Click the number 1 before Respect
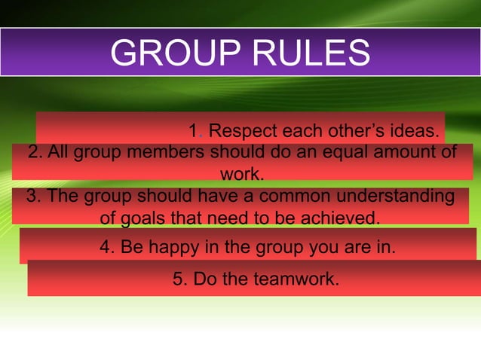194,131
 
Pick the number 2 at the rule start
32,152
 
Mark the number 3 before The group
32,197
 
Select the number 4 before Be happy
105,247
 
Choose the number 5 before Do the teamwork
178,279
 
